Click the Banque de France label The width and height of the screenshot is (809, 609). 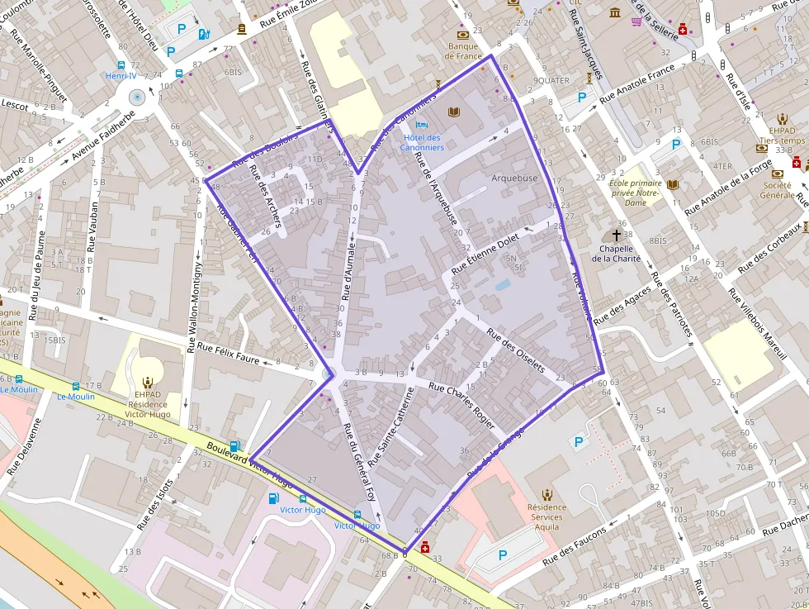coord(462,51)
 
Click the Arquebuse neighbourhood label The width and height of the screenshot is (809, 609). coord(514,178)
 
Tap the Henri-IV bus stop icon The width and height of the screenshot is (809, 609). coord(121,64)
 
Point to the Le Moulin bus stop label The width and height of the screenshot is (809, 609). coord(76,397)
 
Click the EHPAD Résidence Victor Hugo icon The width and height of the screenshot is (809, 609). coord(148,382)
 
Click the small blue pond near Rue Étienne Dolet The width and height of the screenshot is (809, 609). coord(503,285)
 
